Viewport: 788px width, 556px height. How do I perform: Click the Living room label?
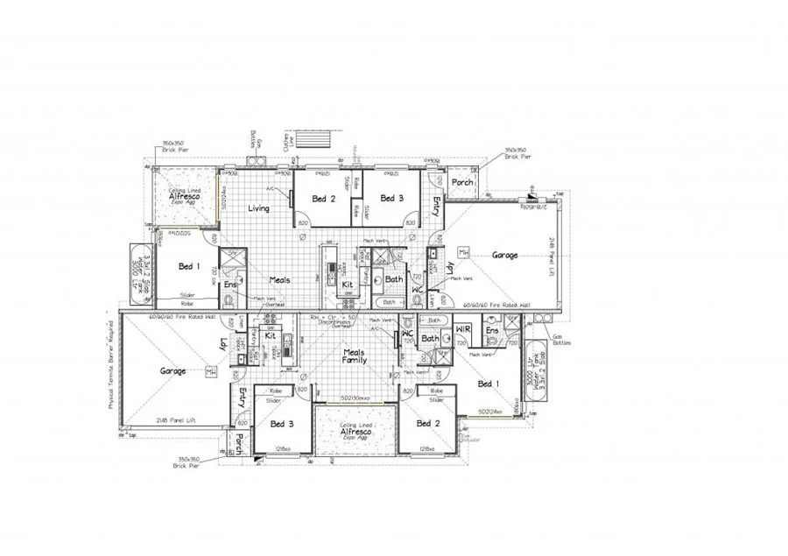tap(258, 208)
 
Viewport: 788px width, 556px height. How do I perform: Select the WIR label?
tap(464, 330)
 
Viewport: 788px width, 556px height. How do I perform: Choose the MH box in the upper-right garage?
tap(463, 252)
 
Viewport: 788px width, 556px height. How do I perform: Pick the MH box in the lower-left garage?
tap(209, 373)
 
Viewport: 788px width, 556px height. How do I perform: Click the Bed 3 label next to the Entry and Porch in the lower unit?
tap(281, 424)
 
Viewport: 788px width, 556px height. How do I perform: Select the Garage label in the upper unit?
tap(504, 256)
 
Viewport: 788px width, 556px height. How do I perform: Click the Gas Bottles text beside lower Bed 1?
tap(560, 340)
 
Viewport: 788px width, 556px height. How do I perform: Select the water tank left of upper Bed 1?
tap(142, 271)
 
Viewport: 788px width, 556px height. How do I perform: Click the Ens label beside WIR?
tap(491, 330)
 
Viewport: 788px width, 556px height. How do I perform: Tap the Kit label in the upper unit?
tap(348, 285)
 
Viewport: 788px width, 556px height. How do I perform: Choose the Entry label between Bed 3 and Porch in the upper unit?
tap(436, 206)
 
